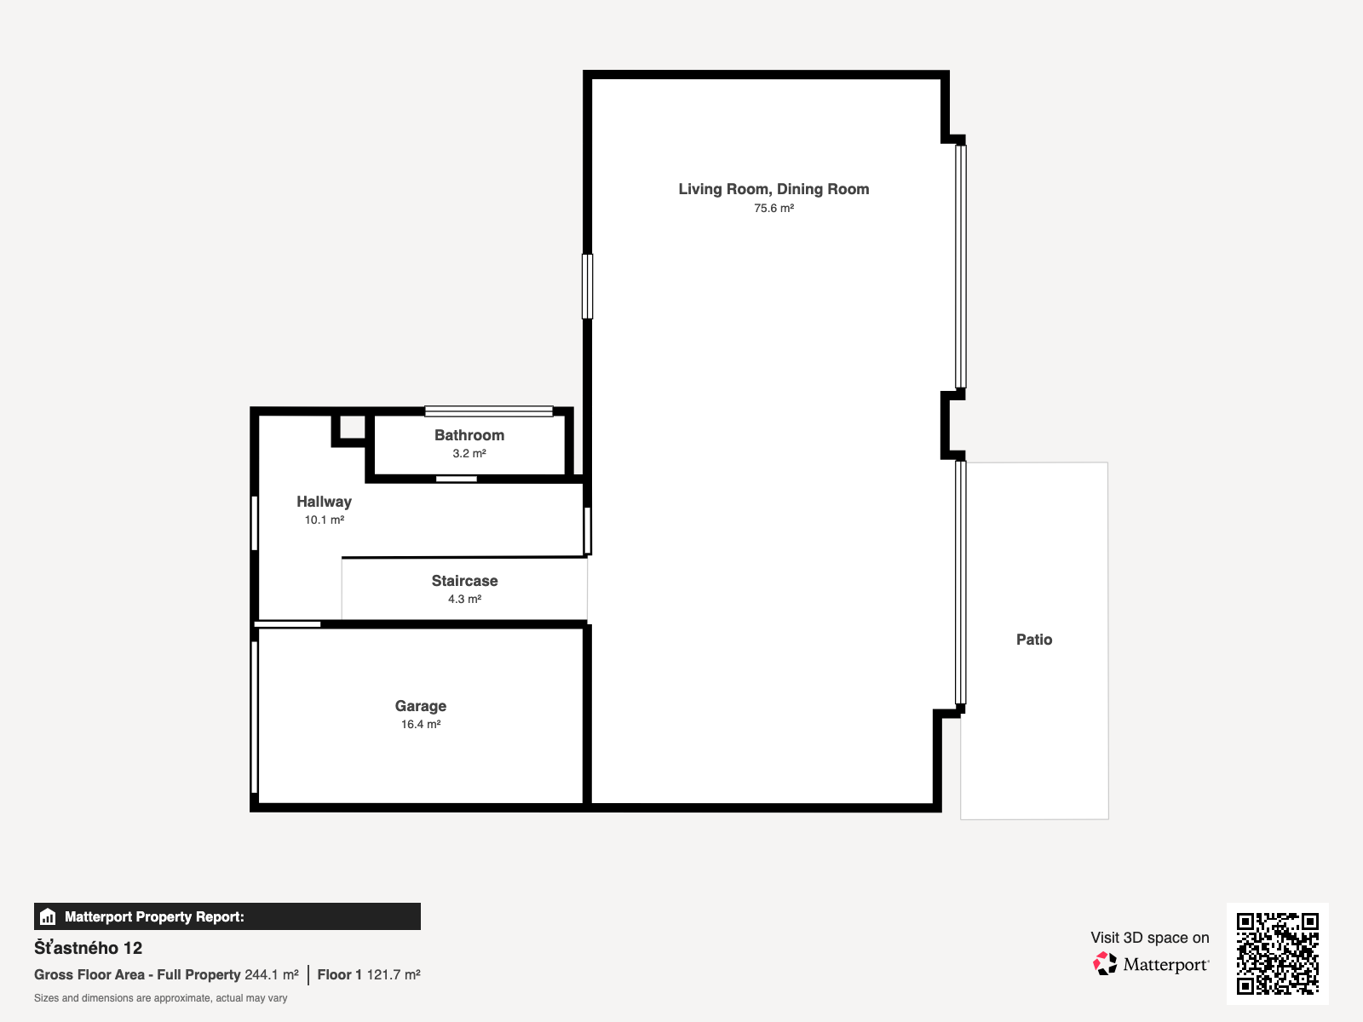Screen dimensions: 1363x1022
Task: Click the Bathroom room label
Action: [469, 435]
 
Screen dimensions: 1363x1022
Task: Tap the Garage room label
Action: [420, 705]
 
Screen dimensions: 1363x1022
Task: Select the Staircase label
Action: [464, 581]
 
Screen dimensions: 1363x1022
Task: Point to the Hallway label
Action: [324, 502]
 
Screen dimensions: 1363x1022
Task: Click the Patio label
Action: [1034, 639]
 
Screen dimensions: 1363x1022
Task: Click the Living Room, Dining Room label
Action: [774, 189]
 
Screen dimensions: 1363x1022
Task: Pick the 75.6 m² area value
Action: [774, 209]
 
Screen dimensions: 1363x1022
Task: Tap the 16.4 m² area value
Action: [420, 724]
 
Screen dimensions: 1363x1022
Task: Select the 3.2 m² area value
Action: [469, 454]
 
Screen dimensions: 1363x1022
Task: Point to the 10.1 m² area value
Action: [324, 520]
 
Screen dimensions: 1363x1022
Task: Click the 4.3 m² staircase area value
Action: [464, 599]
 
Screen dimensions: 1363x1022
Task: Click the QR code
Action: [1277, 953]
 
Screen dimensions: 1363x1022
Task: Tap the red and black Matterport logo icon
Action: [1105, 964]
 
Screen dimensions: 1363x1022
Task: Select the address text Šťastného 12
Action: [89, 948]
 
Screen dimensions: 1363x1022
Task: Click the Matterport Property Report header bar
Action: [227, 916]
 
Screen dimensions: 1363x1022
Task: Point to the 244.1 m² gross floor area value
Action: [272, 975]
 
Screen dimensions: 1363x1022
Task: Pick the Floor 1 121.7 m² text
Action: [369, 975]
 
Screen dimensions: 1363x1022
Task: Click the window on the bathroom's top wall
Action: [489, 411]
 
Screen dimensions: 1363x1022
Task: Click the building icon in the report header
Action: [48, 916]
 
